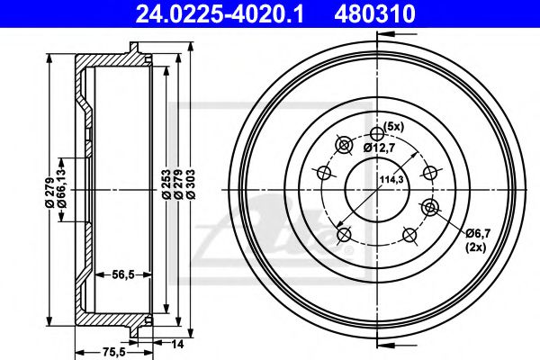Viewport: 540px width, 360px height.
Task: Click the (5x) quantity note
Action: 393,125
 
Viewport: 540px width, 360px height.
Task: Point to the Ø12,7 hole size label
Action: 381,147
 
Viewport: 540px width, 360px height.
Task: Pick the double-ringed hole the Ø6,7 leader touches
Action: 429,209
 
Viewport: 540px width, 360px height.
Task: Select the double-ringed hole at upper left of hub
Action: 343,145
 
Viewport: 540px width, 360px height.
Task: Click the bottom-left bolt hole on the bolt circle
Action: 344,235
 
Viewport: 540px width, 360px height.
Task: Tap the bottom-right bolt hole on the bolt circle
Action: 410,235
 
